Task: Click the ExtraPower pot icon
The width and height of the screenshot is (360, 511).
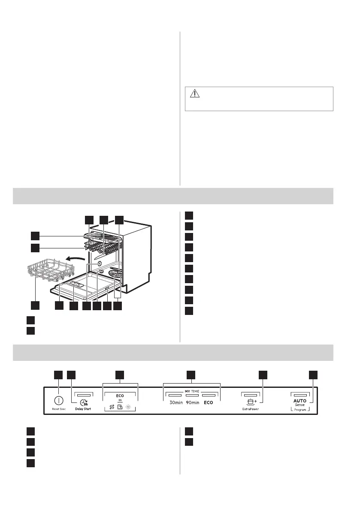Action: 250,402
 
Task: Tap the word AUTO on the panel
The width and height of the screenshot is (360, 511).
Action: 300,400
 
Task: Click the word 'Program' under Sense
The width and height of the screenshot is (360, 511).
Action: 300,410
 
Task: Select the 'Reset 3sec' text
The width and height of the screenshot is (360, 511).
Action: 58,409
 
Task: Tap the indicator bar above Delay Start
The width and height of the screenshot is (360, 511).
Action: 84,393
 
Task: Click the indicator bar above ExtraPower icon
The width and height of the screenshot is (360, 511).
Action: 250,393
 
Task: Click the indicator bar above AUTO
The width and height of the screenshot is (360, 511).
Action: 299,393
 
